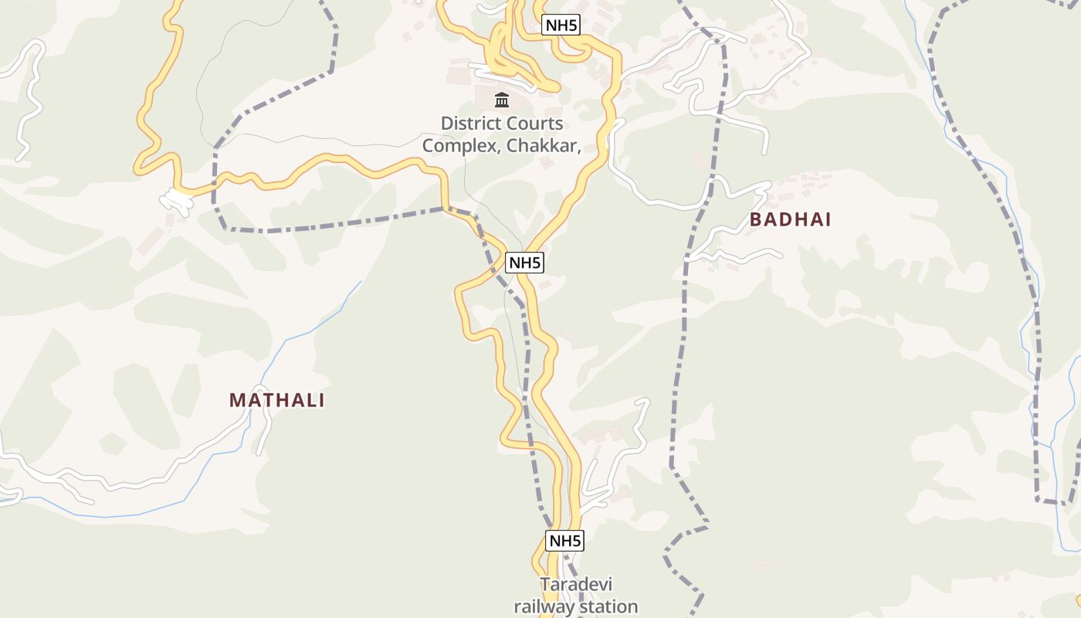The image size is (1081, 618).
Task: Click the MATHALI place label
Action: [276, 400]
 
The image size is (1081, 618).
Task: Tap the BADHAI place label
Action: [790, 219]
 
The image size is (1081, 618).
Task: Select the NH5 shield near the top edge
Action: [561, 25]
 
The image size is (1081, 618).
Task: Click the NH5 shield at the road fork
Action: [524, 263]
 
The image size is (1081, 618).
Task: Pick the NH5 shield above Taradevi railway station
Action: [564, 541]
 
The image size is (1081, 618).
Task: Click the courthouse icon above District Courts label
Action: [502, 100]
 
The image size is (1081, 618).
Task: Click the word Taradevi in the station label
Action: [575, 584]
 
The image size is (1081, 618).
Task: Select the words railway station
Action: [575, 606]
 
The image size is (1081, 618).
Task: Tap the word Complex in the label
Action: [460, 144]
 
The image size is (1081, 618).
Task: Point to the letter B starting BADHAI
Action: [756, 219]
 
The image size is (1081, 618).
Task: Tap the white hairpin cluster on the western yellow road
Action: [177, 202]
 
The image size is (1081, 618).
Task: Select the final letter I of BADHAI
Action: [828, 219]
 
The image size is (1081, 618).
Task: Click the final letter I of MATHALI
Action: [321, 400]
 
